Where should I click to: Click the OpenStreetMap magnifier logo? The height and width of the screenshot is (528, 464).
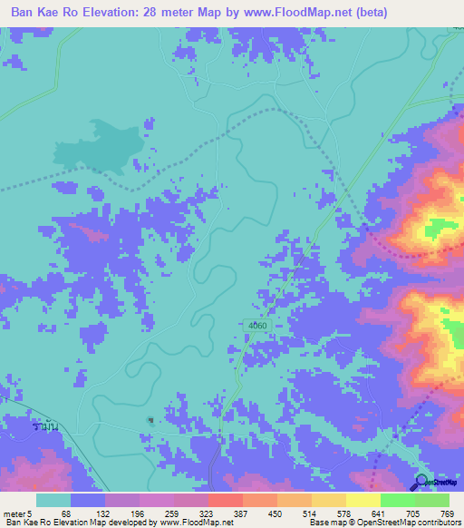point(423,484)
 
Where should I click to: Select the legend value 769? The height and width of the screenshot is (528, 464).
point(447,513)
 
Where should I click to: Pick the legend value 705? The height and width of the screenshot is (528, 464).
point(412,513)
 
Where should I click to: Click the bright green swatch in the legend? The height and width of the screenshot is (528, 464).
point(397,500)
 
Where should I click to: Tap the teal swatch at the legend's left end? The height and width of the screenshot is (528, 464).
point(53,500)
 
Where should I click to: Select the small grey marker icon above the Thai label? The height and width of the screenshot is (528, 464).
point(151,420)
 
